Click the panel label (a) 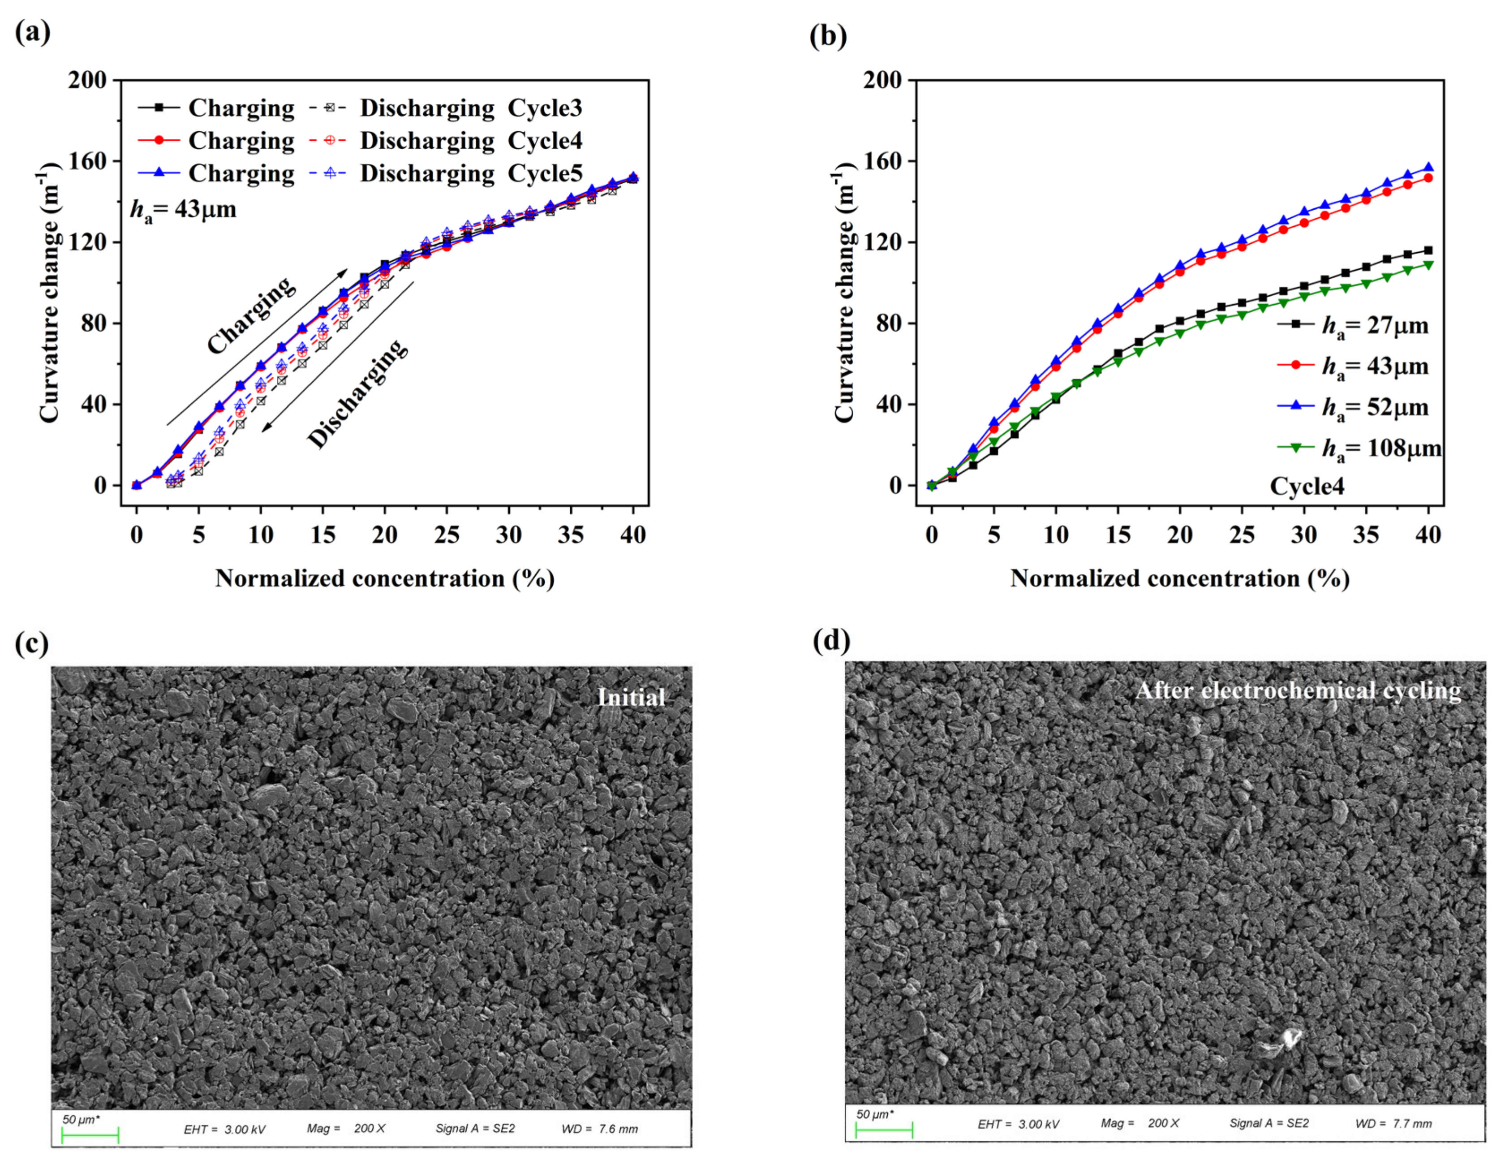click(32, 32)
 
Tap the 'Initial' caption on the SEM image click(631, 698)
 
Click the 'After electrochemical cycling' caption click(1298, 690)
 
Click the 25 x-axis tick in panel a click(447, 535)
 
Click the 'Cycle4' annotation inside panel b click(1307, 486)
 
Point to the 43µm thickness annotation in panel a click(183, 209)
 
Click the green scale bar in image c click(90, 1134)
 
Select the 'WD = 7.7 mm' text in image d click(1393, 1124)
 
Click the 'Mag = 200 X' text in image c click(346, 1128)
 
